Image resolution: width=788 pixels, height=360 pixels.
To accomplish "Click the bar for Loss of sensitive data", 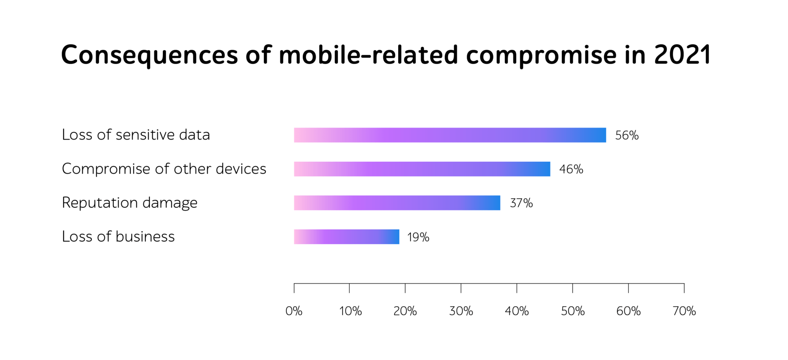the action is click(x=450, y=135).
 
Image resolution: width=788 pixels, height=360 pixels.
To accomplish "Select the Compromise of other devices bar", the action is click(x=422, y=169).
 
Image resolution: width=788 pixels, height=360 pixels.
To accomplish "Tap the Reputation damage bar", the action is click(x=397, y=203).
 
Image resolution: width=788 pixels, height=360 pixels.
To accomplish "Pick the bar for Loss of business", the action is click(x=346, y=237).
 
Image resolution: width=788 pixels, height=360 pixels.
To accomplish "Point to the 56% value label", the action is click(x=627, y=135).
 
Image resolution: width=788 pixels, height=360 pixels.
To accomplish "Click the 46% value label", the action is click(x=571, y=169).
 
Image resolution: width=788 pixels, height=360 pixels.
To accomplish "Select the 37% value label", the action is click(x=521, y=203).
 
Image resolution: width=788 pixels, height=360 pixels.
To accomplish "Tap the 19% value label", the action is click(x=418, y=237).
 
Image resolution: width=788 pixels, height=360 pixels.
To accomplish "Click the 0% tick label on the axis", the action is click(x=294, y=311).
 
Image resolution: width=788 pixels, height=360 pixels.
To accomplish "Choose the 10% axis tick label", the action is click(x=350, y=311).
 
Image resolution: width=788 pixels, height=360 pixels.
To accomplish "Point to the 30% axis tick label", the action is click(x=461, y=311).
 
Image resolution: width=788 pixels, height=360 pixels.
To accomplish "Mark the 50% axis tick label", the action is click(x=573, y=311).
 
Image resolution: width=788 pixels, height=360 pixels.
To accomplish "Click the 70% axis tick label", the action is click(x=684, y=311).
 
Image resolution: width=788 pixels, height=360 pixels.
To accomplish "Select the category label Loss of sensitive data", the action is click(x=136, y=135).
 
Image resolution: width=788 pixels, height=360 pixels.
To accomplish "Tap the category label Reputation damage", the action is click(x=130, y=203).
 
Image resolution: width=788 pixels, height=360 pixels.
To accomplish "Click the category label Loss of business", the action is click(x=118, y=236).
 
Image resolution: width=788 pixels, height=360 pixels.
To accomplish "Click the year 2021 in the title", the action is click(x=683, y=55).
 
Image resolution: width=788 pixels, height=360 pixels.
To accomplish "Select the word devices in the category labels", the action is click(x=241, y=169).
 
